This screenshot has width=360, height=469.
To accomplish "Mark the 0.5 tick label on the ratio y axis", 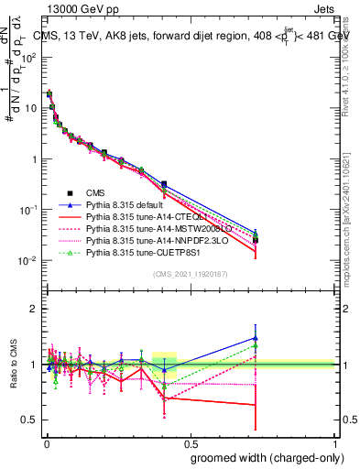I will point(31,420).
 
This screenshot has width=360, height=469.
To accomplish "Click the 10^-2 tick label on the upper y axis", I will point(27,261).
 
